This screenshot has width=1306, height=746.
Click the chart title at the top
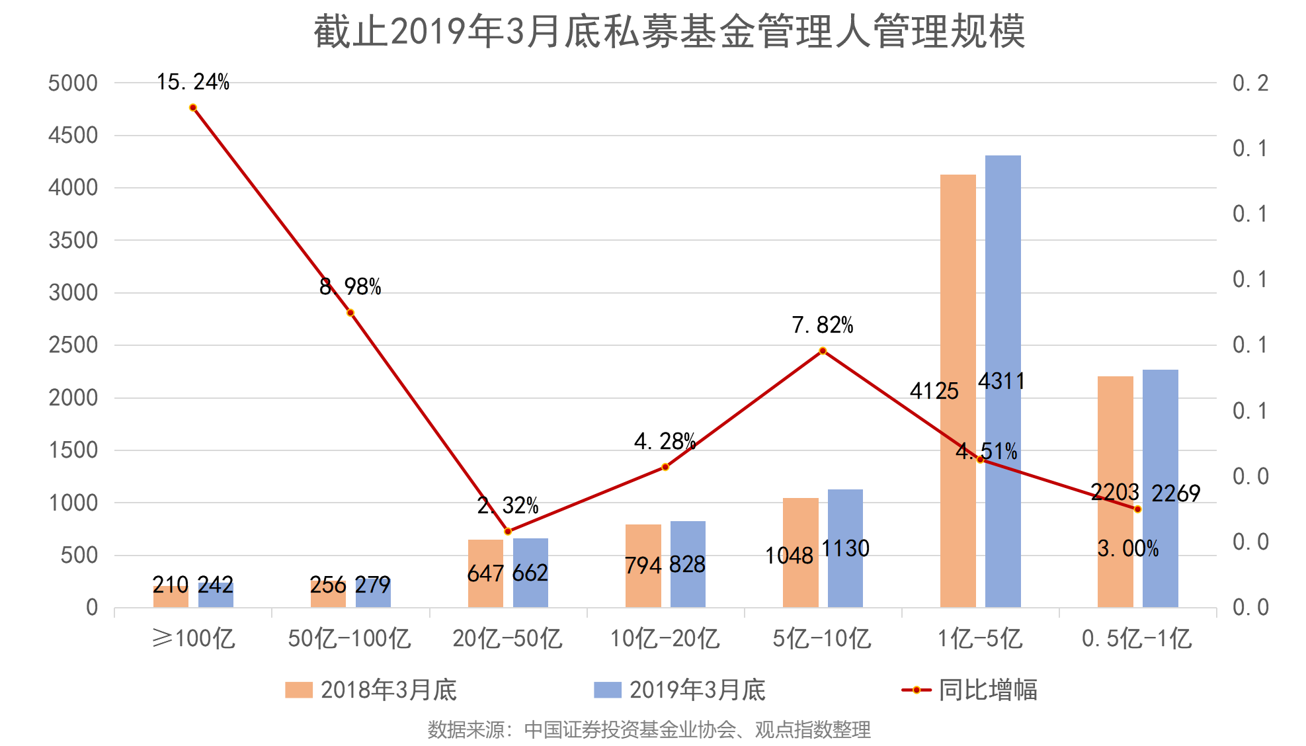click(669, 32)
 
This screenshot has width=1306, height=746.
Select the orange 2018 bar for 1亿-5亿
click(958, 390)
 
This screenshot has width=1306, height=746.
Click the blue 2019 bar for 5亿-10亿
click(845, 548)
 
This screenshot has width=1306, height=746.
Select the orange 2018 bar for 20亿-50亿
click(485, 573)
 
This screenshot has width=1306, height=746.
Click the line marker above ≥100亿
click(193, 107)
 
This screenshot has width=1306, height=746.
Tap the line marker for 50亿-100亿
click(350, 313)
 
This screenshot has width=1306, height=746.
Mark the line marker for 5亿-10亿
click(823, 351)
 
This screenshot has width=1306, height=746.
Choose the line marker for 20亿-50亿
click(508, 531)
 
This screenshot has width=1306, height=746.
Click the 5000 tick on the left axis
click(73, 83)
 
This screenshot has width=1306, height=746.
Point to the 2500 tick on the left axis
click(73, 345)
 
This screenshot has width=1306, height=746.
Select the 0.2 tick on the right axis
click(1250, 83)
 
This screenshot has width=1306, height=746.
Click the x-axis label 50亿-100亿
click(349, 639)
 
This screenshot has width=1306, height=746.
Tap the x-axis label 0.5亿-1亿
click(1137, 639)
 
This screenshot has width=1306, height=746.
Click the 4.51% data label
click(987, 452)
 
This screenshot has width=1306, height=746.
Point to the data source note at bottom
click(649, 729)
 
